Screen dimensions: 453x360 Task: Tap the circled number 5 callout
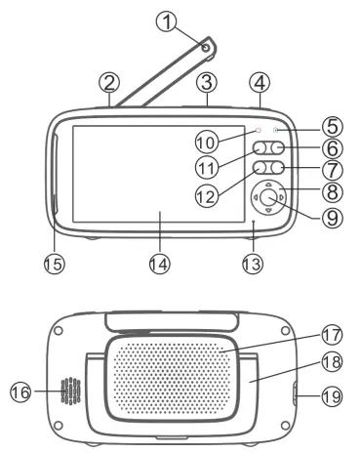pos(333,126)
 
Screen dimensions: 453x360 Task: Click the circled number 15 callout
pos(53,263)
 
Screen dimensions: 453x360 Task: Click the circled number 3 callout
pos(205,80)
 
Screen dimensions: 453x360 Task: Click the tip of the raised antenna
pos(208,43)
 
